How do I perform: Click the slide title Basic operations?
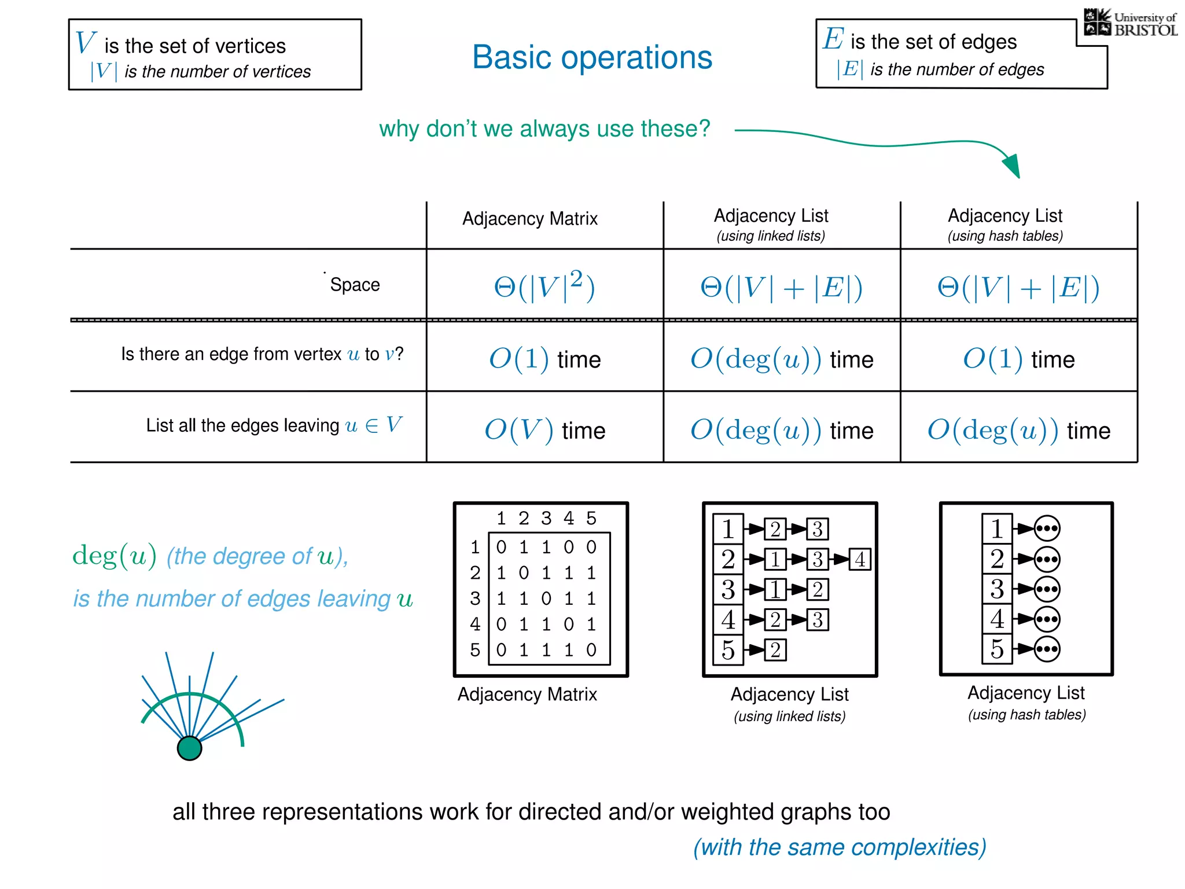592,57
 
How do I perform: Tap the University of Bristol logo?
1130,23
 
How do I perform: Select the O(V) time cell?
544,430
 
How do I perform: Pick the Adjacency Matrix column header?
529,219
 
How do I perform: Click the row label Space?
355,285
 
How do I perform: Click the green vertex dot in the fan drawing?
189,748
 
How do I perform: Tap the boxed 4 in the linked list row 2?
860,559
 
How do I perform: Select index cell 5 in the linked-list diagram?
728,649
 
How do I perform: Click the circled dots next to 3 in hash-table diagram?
1047,589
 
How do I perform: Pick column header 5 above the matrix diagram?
591,518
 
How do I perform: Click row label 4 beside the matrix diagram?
475,624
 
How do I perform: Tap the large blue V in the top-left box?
86,43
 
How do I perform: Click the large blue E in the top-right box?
833,39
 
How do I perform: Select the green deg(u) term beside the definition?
114,556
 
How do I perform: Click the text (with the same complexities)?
840,847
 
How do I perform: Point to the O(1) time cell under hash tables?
1018,359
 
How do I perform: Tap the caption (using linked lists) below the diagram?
789,717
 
